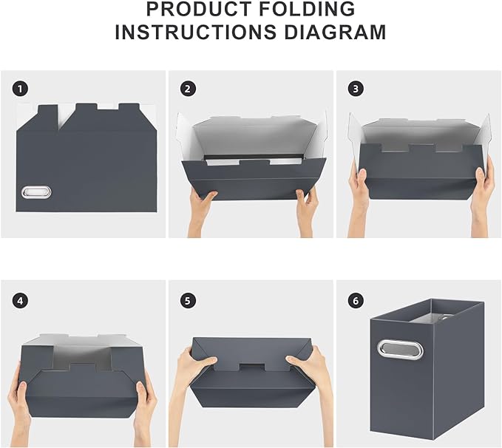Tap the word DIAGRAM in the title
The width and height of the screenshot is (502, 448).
[x=339, y=33]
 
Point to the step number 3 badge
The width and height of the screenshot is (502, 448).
[x=356, y=89]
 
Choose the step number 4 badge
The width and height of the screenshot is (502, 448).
[x=20, y=300]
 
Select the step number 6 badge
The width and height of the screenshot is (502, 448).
[x=356, y=300]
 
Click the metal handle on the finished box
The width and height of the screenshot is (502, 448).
[x=400, y=349]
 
